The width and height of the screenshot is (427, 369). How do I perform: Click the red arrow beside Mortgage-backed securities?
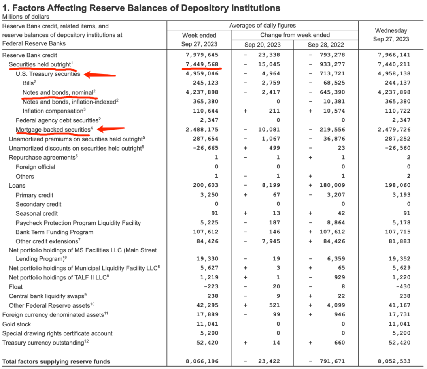(x=111, y=128)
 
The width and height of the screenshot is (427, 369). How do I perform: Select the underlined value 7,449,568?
(x=202, y=64)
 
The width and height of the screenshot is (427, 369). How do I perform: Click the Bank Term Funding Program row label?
(x=55, y=232)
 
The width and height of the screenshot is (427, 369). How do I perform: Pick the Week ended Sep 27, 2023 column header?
(x=199, y=40)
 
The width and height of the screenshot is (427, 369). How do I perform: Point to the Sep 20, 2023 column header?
(x=263, y=44)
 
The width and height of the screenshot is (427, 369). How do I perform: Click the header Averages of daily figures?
(x=263, y=26)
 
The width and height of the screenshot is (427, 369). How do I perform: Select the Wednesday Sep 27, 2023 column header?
(x=391, y=35)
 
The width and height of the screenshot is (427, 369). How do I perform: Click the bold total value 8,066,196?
(x=202, y=361)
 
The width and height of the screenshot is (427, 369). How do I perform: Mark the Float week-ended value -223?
(x=210, y=287)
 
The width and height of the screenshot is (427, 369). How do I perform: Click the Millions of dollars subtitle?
(x=26, y=17)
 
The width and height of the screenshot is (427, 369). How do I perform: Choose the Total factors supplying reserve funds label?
(x=56, y=361)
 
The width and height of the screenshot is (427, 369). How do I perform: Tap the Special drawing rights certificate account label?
(x=57, y=333)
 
